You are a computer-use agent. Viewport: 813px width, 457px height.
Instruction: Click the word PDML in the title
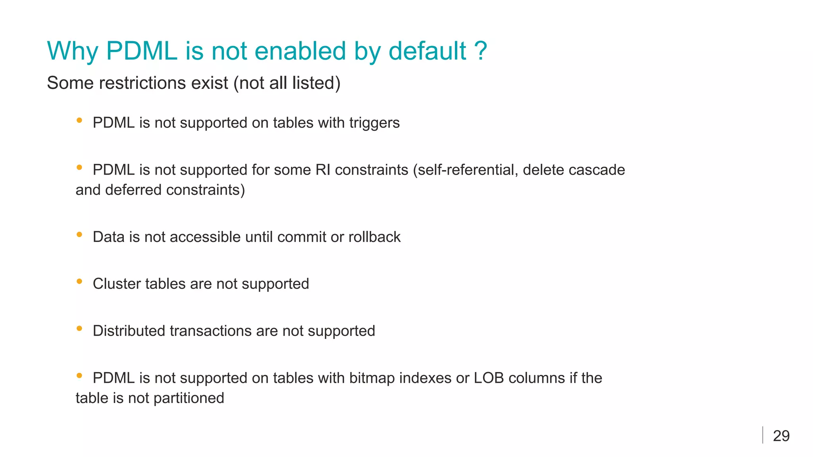tap(141, 51)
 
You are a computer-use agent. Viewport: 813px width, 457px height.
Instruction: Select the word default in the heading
tap(427, 51)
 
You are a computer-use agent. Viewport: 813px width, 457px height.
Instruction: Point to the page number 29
tap(781, 436)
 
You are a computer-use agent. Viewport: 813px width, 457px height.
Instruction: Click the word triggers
tap(374, 123)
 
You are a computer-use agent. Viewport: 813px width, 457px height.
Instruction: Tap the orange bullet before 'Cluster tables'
tap(79, 281)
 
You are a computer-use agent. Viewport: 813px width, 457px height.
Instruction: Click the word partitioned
tap(189, 398)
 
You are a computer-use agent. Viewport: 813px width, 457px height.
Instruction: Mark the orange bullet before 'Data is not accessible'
tap(79, 234)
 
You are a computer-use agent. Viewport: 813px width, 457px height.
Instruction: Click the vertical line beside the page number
tap(763, 435)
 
